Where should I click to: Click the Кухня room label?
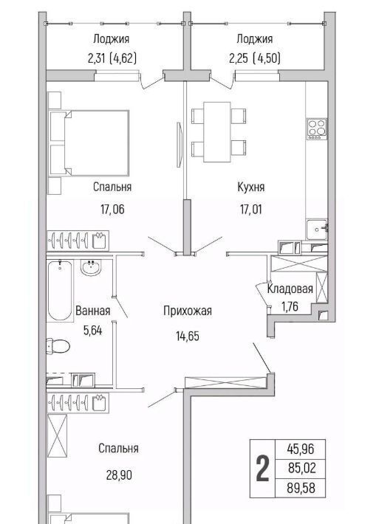point(251,187)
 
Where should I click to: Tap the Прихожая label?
point(188,311)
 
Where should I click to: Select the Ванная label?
point(92,311)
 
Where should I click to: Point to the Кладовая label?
point(290,289)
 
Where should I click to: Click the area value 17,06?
point(112,210)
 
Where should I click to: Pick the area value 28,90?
point(119,475)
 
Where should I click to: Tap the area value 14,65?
point(188,336)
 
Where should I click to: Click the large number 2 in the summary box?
point(262,469)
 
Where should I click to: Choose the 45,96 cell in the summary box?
point(301,449)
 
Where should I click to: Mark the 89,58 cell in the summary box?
point(301,488)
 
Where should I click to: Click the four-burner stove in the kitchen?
point(317,128)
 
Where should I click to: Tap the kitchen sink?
point(316,230)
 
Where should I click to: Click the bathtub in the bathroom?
point(60,291)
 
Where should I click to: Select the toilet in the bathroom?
point(58,346)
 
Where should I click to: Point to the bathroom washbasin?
point(91,268)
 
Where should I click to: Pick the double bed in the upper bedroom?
point(89,143)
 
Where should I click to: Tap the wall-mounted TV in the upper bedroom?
point(180,145)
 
